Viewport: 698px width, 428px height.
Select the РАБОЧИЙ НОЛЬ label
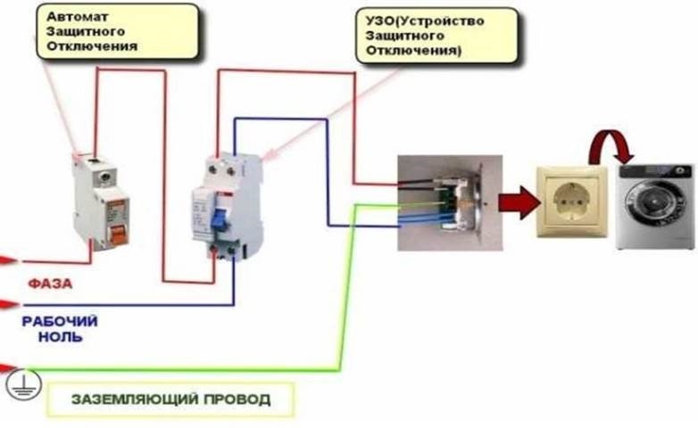click(60, 329)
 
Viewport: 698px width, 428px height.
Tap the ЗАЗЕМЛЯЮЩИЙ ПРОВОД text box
click(170, 399)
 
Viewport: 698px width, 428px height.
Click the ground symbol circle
click(20, 383)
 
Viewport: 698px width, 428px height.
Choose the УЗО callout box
click(436, 35)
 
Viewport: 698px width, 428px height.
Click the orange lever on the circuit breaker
click(115, 235)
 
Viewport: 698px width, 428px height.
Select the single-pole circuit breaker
click(101, 202)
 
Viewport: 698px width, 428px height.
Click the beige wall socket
click(571, 202)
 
